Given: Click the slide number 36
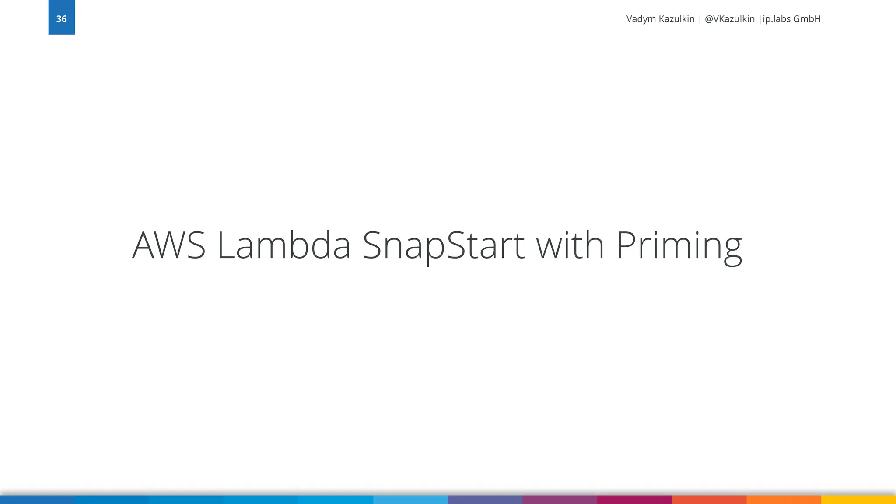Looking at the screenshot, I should tap(61, 19).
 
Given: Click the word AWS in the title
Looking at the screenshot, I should tap(169, 245).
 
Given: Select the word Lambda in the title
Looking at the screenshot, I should tap(284, 245).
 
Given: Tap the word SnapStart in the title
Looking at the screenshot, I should tap(443, 246).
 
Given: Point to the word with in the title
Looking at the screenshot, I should tap(570, 245).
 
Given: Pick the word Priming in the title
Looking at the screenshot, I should tap(679, 246).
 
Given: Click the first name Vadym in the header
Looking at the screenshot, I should tap(641, 19).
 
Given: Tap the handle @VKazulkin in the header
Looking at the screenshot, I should tap(729, 19).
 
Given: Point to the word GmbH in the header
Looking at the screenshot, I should tap(807, 19).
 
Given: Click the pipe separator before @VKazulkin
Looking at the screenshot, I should tap(700, 19).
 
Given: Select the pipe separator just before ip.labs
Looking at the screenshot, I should tap(760, 19).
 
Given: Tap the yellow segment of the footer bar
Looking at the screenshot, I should tap(858, 500).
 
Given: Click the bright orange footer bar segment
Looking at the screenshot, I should tap(784, 500).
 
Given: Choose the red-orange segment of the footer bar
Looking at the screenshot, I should tap(709, 500).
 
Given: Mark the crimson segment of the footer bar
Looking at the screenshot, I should tap(634, 500).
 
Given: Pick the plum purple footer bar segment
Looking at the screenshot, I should tap(560, 500).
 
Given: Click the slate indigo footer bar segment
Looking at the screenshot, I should tap(485, 500).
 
